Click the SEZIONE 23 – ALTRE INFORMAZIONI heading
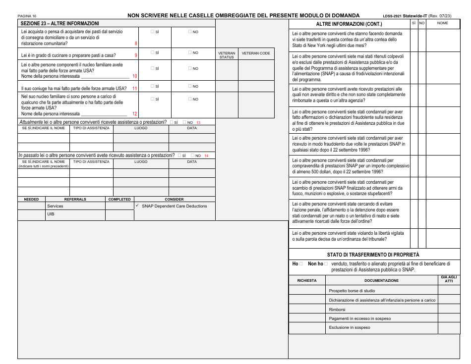point(59,23)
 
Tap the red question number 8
point(136,44)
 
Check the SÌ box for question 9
point(153,52)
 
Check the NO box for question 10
point(190,68)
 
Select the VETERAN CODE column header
point(256,53)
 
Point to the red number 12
point(135,114)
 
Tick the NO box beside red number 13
point(184,122)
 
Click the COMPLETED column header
point(119,199)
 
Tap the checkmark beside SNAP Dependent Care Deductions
point(137,206)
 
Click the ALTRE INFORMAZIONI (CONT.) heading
point(349,24)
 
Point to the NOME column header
point(442,23)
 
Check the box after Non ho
point(326,264)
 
